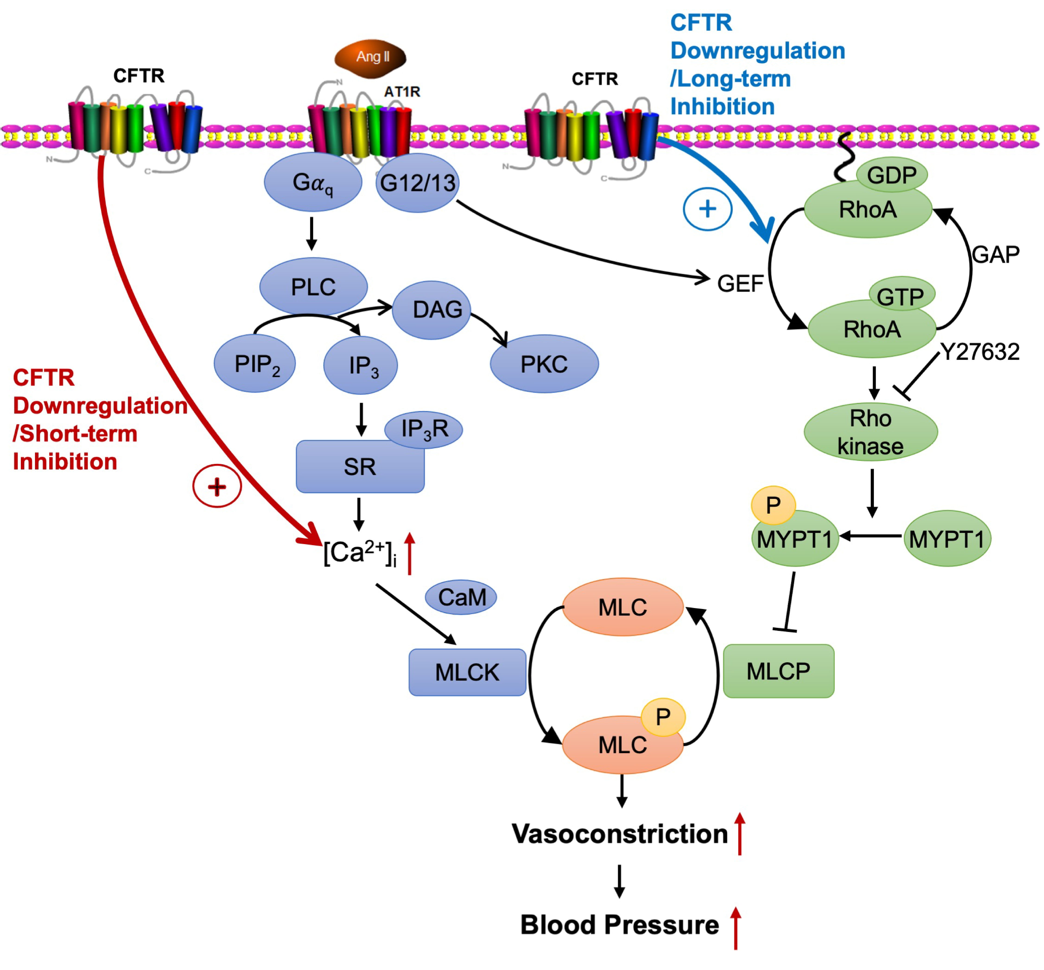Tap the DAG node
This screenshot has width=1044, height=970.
pyautogui.click(x=432, y=310)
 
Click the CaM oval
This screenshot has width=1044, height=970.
pyautogui.click(x=461, y=597)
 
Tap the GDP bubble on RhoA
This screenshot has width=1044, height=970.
pyautogui.click(x=891, y=175)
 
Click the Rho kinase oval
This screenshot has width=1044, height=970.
pyautogui.click(x=870, y=431)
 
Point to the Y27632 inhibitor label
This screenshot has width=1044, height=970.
pyautogui.click(x=979, y=352)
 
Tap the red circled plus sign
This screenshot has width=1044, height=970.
pyautogui.click(x=217, y=486)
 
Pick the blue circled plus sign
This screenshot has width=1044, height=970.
pyautogui.click(x=707, y=209)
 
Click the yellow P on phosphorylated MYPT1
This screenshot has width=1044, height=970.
pyautogui.click(x=773, y=505)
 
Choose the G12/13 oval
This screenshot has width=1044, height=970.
pyautogui.click(x=417, y=183)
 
